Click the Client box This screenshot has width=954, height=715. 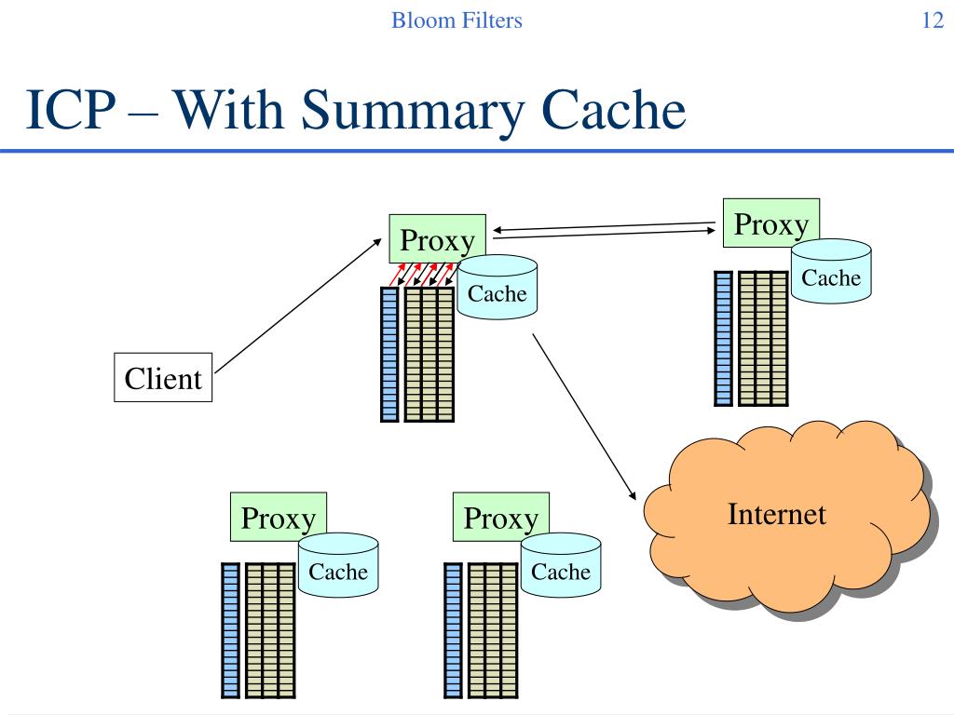click(163, 377)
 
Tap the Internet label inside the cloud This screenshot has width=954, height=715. click(776, 514)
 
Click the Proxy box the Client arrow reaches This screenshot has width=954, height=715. click(435, 239)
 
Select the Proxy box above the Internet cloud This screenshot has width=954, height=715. click(770, 223)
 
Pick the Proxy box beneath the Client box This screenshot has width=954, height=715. click(279, 517)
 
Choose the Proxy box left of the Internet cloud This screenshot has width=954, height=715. click(501, 517)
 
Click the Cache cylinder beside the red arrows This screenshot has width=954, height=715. click(497, 291)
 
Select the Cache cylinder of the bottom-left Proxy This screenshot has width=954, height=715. click(338, 569)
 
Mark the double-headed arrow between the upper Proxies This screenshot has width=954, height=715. click(607, 230)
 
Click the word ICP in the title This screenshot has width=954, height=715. click(82, 112)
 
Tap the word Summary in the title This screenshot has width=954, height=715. click(383, 112)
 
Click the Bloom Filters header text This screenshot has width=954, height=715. click(457, 20)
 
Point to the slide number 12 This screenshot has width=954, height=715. click(933, 20)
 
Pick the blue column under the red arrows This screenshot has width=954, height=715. click(389, 354)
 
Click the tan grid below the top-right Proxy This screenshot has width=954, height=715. click(762, 337)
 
